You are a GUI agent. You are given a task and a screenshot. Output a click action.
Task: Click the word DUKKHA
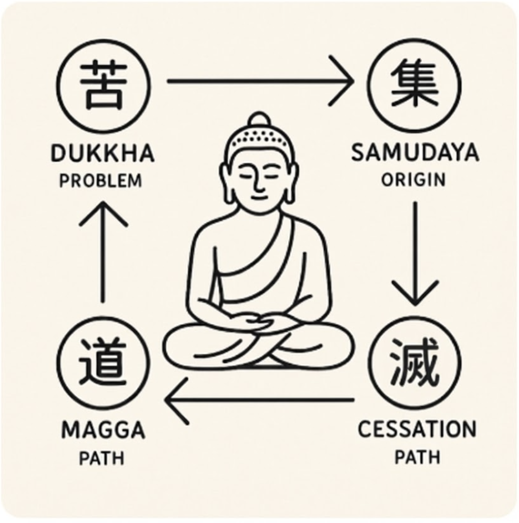(x=102, y=154)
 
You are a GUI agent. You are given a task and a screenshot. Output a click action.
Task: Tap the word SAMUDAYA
(x=415, y=154)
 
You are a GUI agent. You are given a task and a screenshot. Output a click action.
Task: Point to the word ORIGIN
(x=414, y=180)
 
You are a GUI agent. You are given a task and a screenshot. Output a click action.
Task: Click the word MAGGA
(x=103, y=431)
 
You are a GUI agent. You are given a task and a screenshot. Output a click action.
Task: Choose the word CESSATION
(x=416, y=430)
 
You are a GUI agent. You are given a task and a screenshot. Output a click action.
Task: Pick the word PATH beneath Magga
(x=102, y=459)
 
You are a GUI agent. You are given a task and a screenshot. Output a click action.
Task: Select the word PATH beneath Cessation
(x=417, y=457)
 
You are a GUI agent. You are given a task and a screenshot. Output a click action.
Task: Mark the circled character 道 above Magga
(x=102, y=363)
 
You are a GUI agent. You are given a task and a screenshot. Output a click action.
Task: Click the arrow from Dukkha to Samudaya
(x=260, y=79)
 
